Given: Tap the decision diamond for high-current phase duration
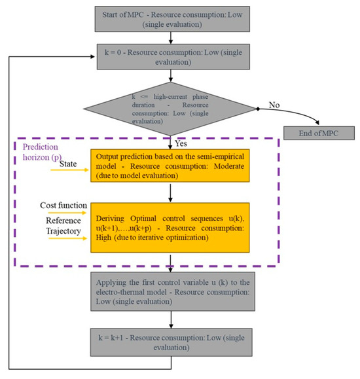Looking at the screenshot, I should point(171,107).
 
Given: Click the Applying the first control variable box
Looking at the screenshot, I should point(171,295).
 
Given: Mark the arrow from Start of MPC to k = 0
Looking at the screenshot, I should point(171,39).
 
